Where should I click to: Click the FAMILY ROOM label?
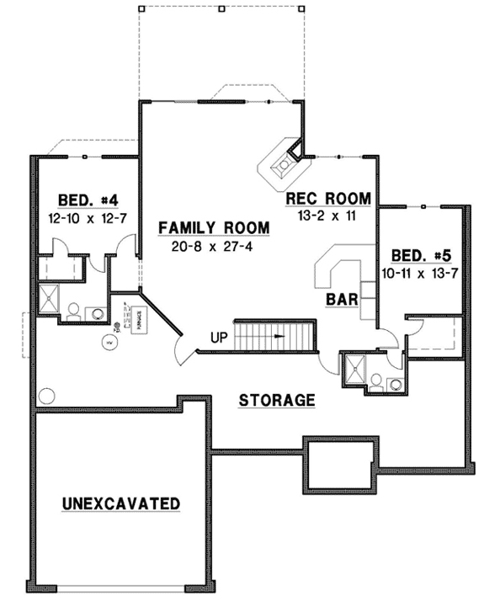(x=214, y=227)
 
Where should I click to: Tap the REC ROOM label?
(x=328, y=199)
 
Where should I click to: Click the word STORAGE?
(x=276, y=399)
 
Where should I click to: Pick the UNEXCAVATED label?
(x=121, y=503)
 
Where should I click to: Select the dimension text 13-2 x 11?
(x=328, y=216)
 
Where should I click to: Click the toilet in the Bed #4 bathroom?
(x=73, y=312)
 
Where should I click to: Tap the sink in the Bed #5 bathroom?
(x=394, y=383)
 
